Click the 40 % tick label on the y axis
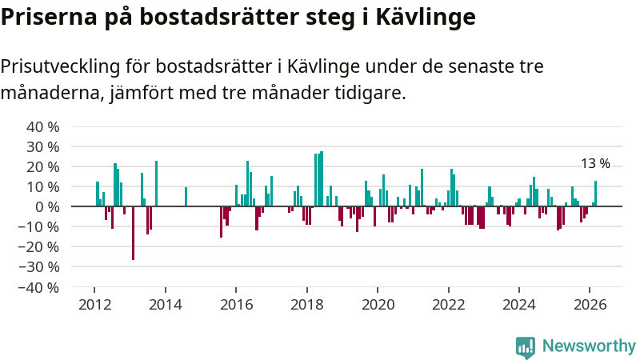(43, 127)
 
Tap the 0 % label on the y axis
(48, 207)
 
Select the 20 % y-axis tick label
(43, 167)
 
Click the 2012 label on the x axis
(94, 305)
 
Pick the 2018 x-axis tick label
(306, 305)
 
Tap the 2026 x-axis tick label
(590, 305)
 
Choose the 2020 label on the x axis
(378, 305)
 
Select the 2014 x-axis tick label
(165, 305)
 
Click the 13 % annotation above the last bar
(595, 164)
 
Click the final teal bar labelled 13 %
(595, 194)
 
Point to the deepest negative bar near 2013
(133, 233)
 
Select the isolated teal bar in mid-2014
(186, 197)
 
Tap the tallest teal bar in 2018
(322, 178)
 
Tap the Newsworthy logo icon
(526, 346)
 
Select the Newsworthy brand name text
(589, 346)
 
